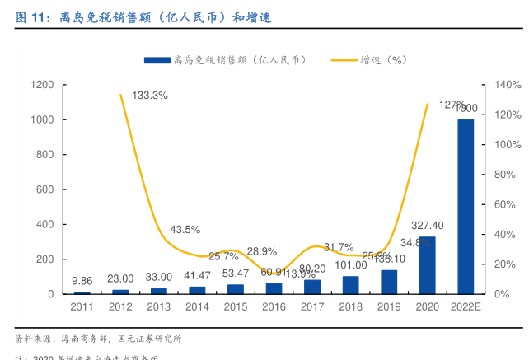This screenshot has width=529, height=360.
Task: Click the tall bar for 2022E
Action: (466, 206)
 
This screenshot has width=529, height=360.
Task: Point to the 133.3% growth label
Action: (150, 96)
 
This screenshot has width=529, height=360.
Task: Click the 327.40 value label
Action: (427, 225)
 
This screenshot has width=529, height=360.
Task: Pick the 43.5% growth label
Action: (185, 229)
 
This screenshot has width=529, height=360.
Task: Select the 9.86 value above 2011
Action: (82, 281)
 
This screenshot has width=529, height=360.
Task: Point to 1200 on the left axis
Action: (43, 85)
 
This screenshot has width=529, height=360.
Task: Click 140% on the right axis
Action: (508, 85)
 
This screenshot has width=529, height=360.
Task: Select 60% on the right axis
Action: (505, 204)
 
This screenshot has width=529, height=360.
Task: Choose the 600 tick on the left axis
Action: (45, 189)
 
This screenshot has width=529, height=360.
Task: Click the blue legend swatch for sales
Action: (157, 60)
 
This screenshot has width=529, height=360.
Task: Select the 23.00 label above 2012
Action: (120, 278)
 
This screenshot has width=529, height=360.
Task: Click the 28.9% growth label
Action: (262, 251)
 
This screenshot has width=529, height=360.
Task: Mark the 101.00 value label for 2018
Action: (350, 264)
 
